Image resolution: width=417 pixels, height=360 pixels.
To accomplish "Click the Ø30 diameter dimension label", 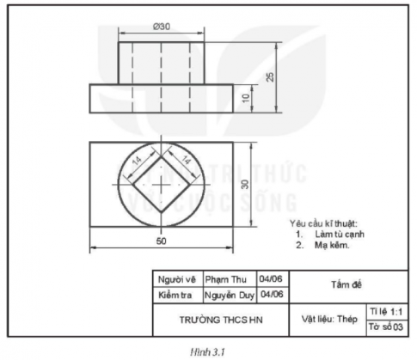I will point(161,26).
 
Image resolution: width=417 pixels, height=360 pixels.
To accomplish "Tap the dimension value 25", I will point(270,76).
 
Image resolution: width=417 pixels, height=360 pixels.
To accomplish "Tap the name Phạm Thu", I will point(229,279).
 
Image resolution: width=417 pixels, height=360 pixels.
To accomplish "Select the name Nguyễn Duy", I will point(230,296).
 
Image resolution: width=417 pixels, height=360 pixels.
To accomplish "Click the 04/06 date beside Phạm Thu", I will point(272,279).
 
